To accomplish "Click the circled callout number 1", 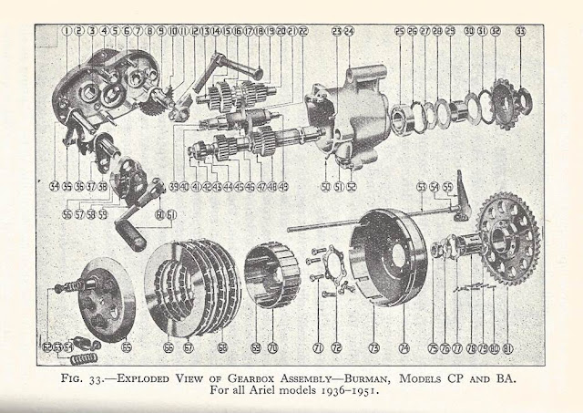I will coord(67,31).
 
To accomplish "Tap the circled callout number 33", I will coord(519,31).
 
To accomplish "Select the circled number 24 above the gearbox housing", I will coord(349,31).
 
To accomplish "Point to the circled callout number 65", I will coord(127,346).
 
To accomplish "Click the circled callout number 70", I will coord(273,347).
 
